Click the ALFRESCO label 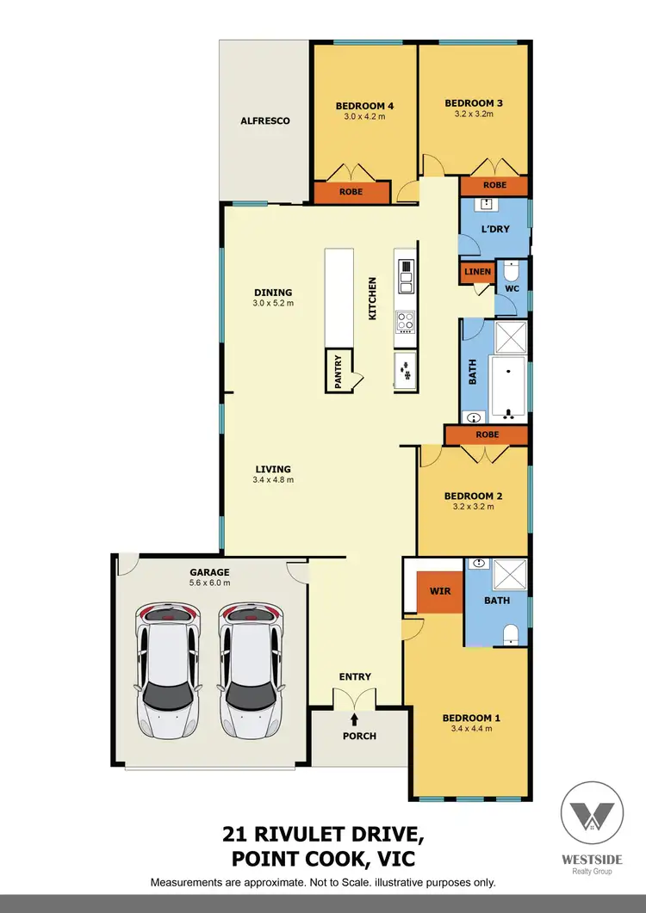coord(264,121)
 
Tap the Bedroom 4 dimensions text coord(364,118)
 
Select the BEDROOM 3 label coord(473,103)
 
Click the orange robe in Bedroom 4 coord(350,194)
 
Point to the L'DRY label coord(495,229)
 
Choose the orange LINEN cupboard coord(477,273)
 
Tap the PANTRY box coord(339,372)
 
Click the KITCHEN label coord(373,299)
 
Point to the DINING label coord(272,293)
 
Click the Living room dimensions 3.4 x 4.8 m coord(274,479)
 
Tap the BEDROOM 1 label coord(471,718)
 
